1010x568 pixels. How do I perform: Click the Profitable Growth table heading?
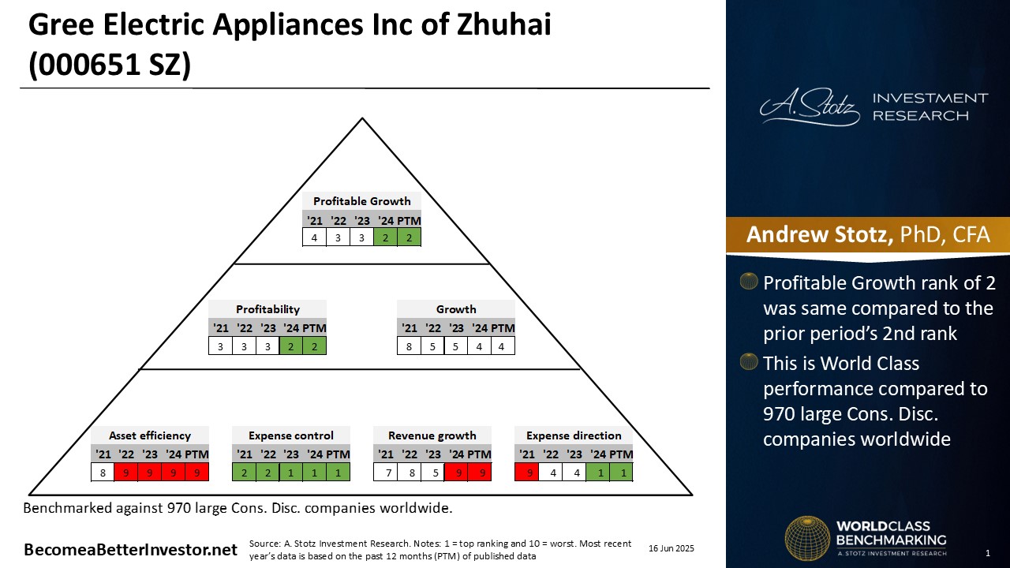pos(361,201)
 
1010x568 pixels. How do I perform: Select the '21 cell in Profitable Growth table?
pos(314,237)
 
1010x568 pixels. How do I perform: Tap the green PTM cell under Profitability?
pos(314,346)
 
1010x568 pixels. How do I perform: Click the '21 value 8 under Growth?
pos(409,346)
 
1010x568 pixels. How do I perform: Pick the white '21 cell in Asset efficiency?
pos(103,473)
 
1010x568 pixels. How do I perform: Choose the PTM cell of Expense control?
pos(338,473)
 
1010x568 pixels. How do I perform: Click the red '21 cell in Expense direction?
pos(526,473)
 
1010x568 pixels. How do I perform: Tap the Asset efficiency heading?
pos(150,435)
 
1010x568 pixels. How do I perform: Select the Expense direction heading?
pos(574,435)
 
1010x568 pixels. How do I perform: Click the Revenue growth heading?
pos(432,435)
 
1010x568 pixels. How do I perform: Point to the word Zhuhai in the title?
pos(503,24)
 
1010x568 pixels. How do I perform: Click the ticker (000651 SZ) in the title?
pos(110,65)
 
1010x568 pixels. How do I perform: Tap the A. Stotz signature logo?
pos(810,106)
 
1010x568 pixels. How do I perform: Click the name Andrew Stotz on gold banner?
pos(819,234)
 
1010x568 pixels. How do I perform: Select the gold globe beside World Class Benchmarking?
pos(807,538)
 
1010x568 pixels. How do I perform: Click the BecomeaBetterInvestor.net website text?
pos(130,550)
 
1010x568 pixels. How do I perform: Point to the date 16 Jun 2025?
pos(671,548)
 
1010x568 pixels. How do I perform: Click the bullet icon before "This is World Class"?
pos(749,362)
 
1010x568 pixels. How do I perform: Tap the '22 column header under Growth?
pos(432,327)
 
